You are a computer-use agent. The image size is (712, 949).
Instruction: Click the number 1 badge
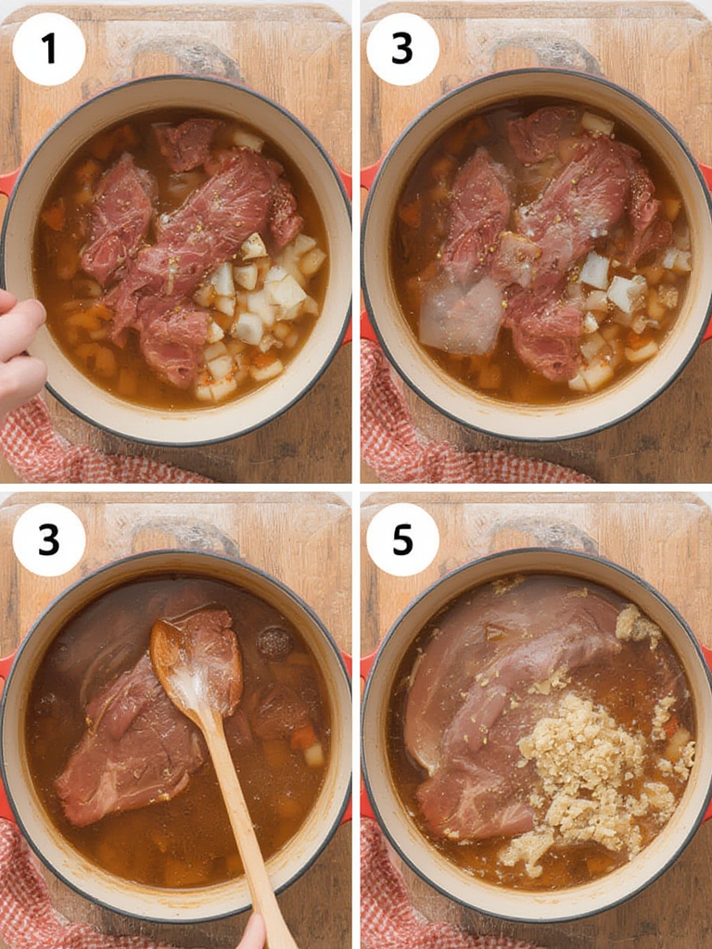point(49,49)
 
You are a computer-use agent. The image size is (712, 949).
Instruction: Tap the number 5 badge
point(402,539)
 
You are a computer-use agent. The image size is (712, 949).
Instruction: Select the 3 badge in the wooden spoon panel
point(49,539)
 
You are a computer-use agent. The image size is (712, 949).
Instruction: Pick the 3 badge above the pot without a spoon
point(402,49)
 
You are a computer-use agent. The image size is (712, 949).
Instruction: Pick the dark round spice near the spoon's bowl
point(274,642)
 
